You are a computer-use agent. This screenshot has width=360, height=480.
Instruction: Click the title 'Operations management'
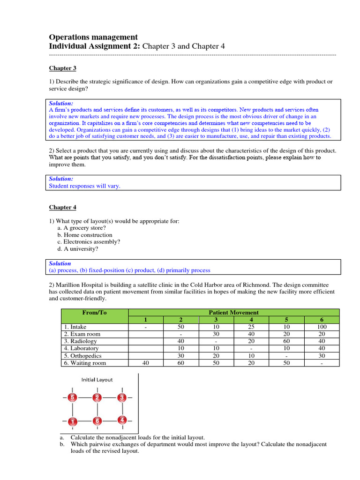coord(93,37)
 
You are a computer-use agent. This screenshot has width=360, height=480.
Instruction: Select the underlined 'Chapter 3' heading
coord(63,68)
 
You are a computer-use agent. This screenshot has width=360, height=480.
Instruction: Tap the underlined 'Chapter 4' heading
coord(63,207)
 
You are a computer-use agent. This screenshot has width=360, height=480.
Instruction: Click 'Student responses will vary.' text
coord(85,186)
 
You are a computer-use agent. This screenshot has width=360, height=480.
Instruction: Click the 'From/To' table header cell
coord(95,312)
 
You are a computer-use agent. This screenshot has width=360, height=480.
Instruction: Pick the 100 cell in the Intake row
coord(321,327)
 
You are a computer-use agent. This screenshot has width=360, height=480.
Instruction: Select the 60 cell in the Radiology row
coord(286,341)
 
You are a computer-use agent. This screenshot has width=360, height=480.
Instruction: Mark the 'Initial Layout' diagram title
coord(97,380)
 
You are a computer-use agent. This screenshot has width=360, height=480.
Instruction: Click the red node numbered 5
coord(72,398)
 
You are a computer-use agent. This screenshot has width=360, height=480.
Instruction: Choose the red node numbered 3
coord(122,398)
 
